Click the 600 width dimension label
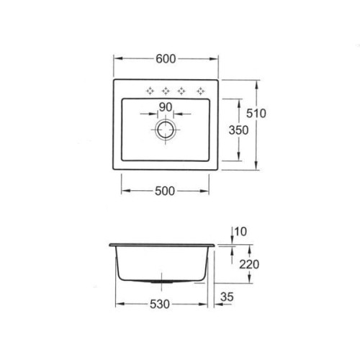pyautogui.click(x=166, y=59)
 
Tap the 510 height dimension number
pyautogui.click(x=256, y=114)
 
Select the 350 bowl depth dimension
pyautogui.click(x=238, y=130)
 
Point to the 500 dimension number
pyautogui.click(x=165, y=192)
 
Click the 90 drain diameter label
pyautogui.click(x=166, y=107)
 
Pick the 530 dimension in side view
pyautogui.click(x=160, y=305)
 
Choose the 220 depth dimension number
pyautogui.click(x=249, y=264)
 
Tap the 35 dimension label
pyautogui.click(x=227, y=297)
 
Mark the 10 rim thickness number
pyautogui.click(x=240, y=232)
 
